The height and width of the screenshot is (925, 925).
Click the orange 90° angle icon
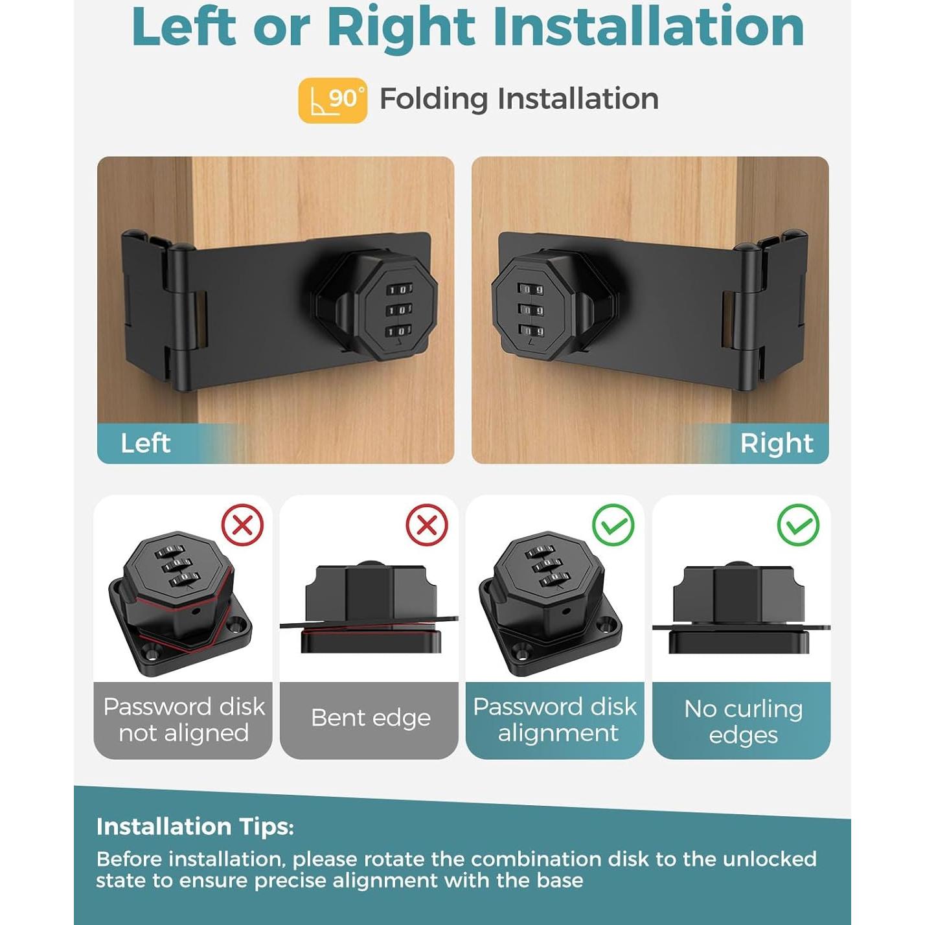(332, 100)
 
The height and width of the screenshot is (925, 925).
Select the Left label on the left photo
(146, 443)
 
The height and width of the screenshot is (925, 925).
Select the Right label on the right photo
(776, 443)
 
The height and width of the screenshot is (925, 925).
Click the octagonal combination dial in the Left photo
(397, 309)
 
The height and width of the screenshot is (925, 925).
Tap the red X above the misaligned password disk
(242, 525)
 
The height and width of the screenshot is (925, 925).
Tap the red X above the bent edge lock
(427, 525)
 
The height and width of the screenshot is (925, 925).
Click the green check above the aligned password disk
(613, 525)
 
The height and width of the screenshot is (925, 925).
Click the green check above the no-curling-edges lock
(798, 525)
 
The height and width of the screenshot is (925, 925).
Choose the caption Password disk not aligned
(183, 720)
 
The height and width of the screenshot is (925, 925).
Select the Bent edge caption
(370, 718)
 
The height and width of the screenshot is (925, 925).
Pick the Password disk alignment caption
(555, 720)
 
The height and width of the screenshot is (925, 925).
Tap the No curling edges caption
(742, 722)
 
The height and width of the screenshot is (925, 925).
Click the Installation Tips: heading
(195, 827)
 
